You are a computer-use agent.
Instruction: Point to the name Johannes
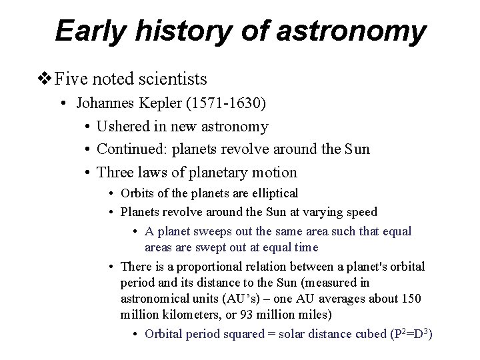click(x=106, y=103)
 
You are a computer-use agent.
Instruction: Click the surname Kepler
click(x=159, y=103)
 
